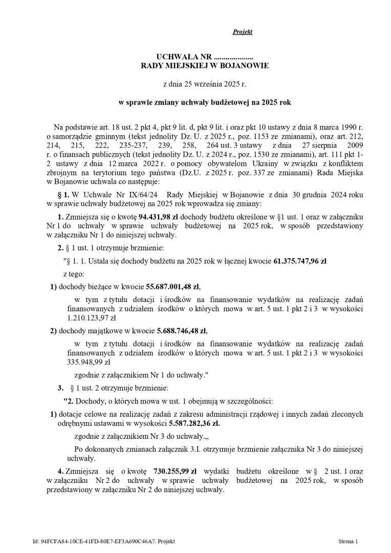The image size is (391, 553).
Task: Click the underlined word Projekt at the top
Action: (x=243, y=32)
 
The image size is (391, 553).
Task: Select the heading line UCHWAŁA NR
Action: (x=204, y=56)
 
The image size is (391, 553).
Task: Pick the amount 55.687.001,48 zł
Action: (x=157, y=286)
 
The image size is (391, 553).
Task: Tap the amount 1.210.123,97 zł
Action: (x=92, y=317)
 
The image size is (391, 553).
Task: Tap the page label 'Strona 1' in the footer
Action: (x=348, y=541)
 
